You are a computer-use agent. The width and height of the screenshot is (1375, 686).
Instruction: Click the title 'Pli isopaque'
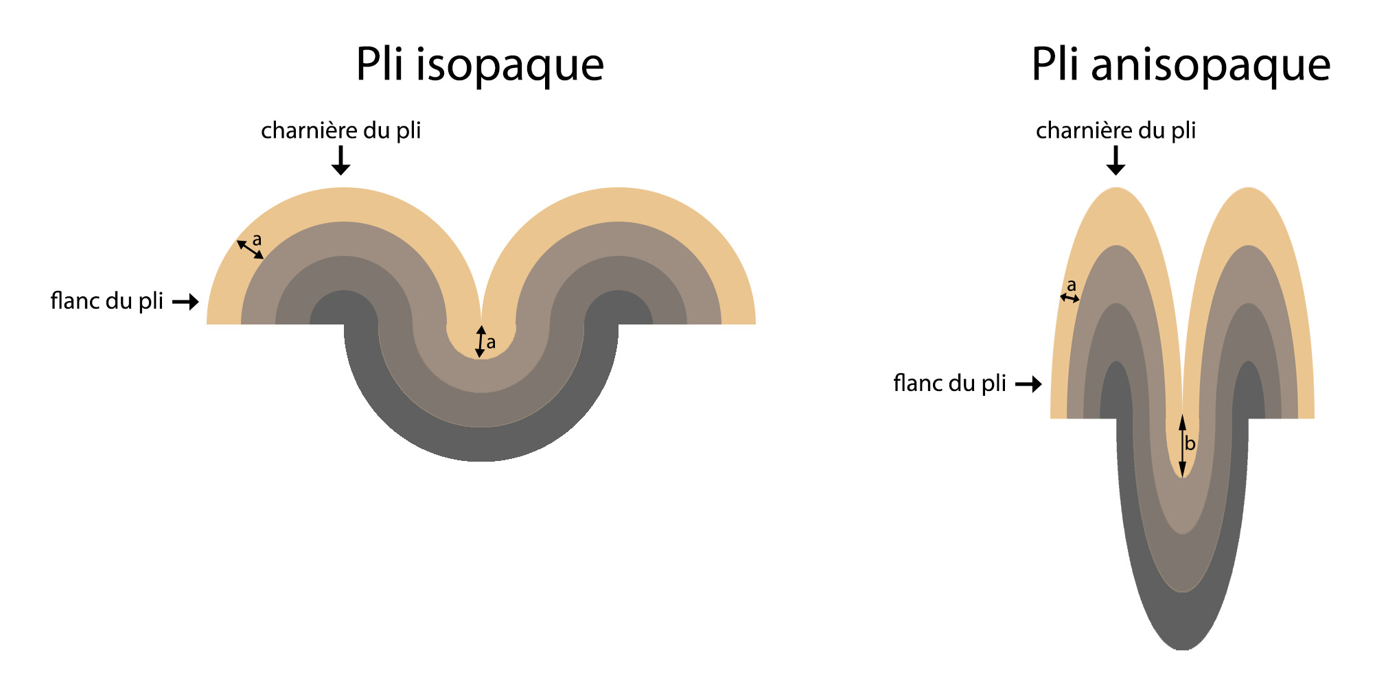480,66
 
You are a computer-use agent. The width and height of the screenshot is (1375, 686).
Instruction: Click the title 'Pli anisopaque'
1181,66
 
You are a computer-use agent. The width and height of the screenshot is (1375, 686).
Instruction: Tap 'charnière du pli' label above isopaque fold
340,130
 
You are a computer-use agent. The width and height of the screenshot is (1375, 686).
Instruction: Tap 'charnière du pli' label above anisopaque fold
1116,130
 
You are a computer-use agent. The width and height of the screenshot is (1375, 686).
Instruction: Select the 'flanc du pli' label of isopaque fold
106,301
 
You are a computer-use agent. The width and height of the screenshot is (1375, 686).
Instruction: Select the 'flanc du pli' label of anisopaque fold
949,383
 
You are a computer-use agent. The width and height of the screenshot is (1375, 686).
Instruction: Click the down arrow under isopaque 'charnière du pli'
340,161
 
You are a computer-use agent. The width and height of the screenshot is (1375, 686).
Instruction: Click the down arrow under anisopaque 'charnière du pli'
1116,161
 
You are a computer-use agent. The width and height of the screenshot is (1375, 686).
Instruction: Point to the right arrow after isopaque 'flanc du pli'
185,302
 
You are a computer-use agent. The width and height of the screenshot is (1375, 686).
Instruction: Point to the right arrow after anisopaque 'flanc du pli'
1028,384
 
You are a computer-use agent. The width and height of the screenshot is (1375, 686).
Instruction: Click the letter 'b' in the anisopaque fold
1190,445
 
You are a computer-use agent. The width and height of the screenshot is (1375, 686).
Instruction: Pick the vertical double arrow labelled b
1182,446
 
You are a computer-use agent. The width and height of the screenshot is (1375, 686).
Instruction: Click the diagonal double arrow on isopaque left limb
250,250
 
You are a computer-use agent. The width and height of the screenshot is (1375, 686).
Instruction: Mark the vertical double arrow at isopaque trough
481,342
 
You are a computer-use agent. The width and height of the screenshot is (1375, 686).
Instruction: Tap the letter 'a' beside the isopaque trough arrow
491,343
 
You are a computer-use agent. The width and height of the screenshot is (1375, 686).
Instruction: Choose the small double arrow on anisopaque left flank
1070,298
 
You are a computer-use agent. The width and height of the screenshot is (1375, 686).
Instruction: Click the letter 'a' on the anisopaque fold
1071,285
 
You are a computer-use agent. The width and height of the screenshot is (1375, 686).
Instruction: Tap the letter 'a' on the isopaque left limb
257,240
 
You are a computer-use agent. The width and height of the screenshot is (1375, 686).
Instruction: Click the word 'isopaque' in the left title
510,66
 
